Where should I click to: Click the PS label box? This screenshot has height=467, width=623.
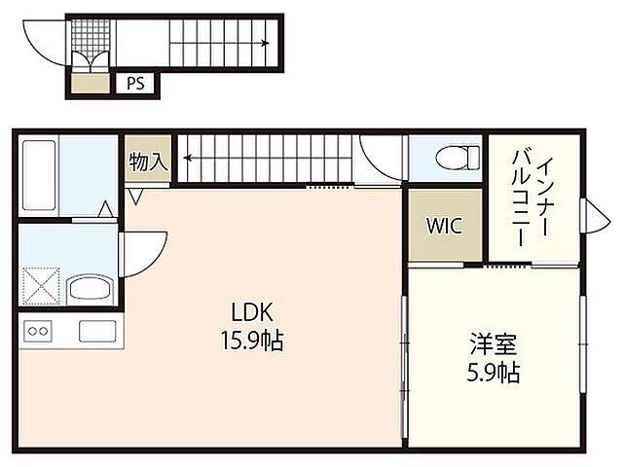click(x=135, y=84)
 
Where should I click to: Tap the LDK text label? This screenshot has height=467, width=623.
click(x=252, y=312)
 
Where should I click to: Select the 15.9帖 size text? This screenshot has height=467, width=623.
click(x=252, y=341)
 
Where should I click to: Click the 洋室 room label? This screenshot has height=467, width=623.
click(x=494, y=344)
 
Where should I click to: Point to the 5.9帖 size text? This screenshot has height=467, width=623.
click(x=494, y=373)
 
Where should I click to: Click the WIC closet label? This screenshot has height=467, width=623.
click(x=445, y=226)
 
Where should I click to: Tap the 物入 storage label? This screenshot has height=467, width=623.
click(x=148, y=162)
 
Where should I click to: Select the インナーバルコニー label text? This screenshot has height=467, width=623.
click(x=531, y=200)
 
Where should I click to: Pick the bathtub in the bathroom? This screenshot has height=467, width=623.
click(x=39, y=175)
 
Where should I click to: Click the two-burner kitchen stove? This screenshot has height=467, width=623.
click(x=38, y=331)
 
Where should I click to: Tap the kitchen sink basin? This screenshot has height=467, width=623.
click(x=97, y=331)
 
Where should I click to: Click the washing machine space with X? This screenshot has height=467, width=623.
click(x=41, y=286)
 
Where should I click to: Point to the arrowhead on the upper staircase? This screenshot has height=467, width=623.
click(x=266, y=43)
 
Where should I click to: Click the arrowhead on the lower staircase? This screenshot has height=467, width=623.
click(x=188, y=159)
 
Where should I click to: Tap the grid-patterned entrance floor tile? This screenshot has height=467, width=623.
click(x=91, y=35)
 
